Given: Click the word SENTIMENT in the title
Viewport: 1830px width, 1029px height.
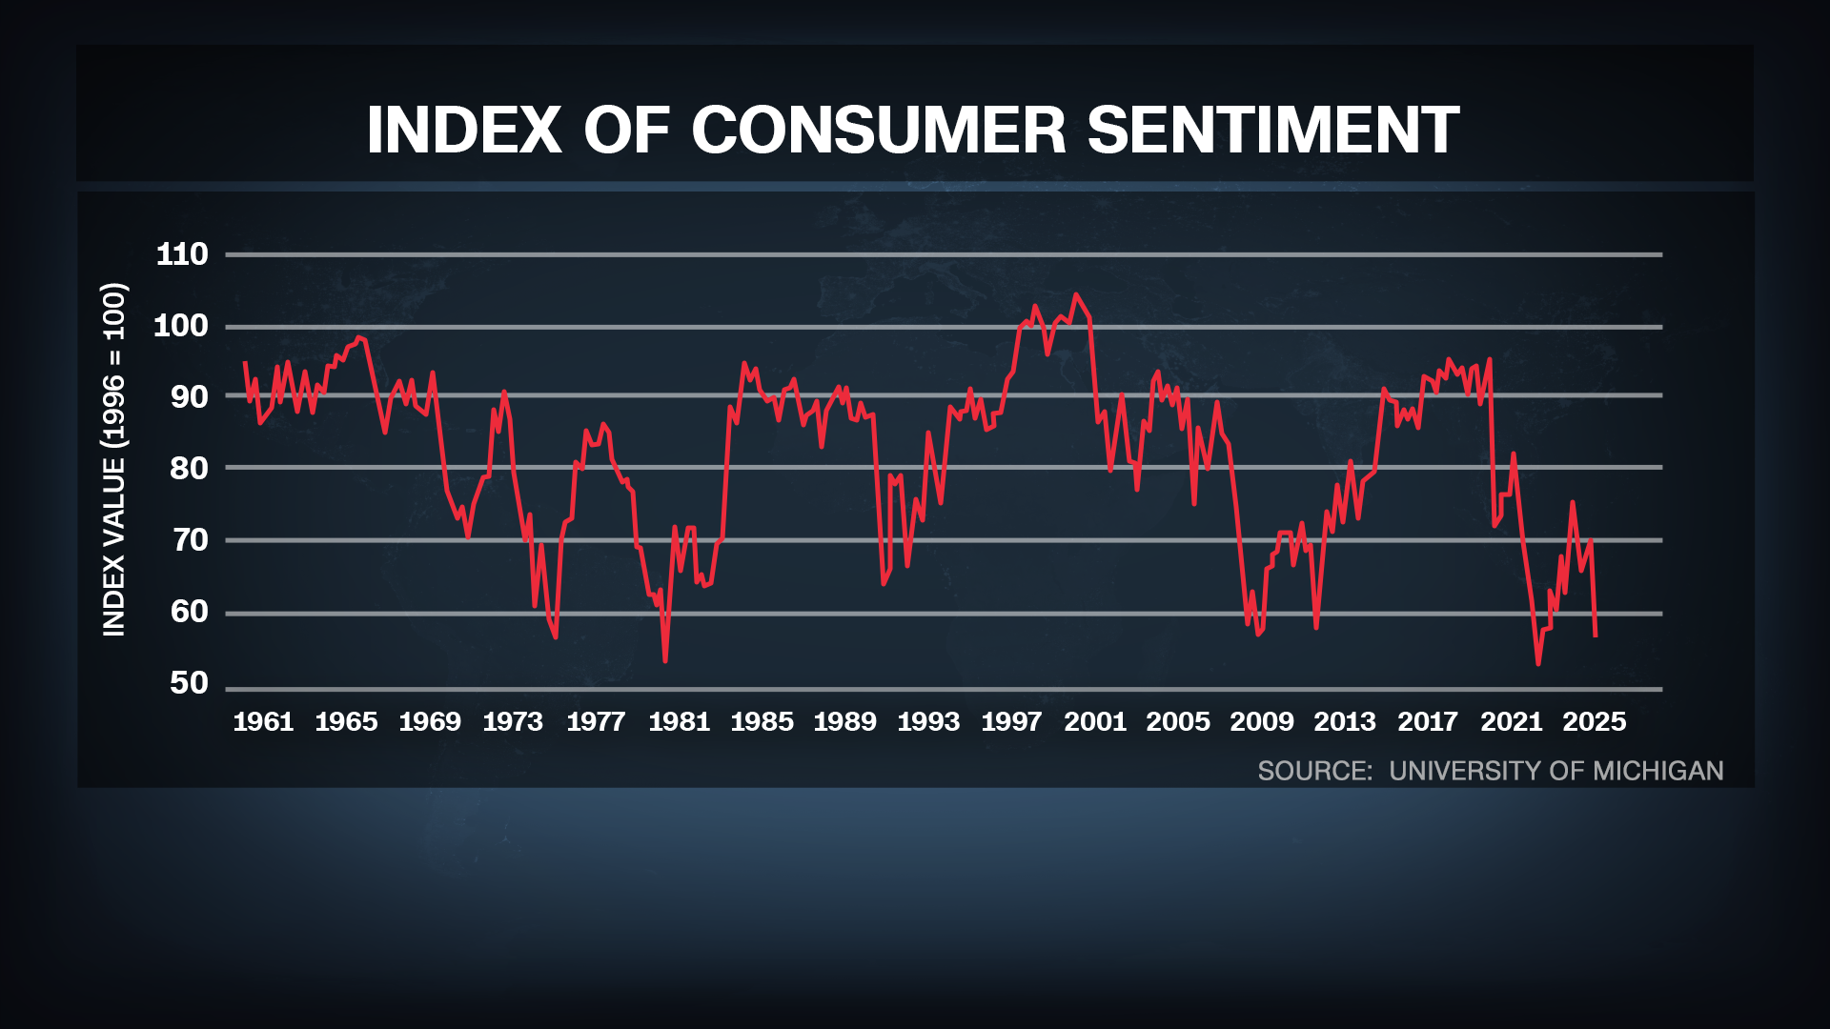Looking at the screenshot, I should click(x=1272, y=130).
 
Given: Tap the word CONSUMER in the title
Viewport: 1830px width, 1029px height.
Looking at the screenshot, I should click(x=878, y=130).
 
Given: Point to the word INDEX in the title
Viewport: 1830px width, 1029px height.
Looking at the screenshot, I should click(x=464, y=130).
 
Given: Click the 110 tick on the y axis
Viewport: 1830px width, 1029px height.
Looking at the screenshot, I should click(x=181, y=254).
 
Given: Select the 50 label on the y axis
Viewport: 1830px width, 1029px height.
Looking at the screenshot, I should click(x=189, y=683).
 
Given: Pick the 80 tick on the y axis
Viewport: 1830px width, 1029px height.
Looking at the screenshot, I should click(x=189, y=468).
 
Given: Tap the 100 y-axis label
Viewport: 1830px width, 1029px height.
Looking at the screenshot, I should click(x=181, y=326).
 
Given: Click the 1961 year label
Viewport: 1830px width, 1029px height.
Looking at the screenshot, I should click(x=263, y=721).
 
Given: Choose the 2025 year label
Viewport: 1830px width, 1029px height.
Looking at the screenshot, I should click(x=1594, y=721).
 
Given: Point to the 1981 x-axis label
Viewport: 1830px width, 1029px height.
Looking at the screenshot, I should click(x=679, y=721).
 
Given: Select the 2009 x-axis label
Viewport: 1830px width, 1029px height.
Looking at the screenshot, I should click(x=1261, y=721).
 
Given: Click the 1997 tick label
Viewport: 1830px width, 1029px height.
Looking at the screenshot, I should click(x=1011, y=721).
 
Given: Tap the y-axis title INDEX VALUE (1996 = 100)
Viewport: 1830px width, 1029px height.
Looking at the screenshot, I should click(x=113, y=459).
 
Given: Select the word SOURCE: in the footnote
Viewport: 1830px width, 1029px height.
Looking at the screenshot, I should click(x=1314, y=771).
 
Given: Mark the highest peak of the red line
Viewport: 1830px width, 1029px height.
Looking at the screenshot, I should click(x=1076, y=294).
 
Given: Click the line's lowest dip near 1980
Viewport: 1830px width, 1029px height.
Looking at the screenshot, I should click(x=665, y=660).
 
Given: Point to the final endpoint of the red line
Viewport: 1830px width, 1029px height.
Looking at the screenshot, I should click(x=1596, y=636).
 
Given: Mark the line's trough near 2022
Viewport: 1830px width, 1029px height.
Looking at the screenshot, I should click(x=1538, y=663).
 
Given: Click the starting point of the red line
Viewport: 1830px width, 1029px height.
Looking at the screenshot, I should click(x=245, y=362).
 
